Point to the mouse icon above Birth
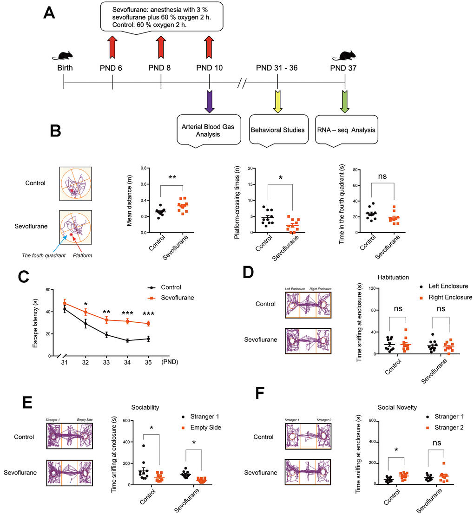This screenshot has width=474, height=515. click(x=62, y=56)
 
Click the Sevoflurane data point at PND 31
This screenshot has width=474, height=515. click(x=65, y=303)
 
